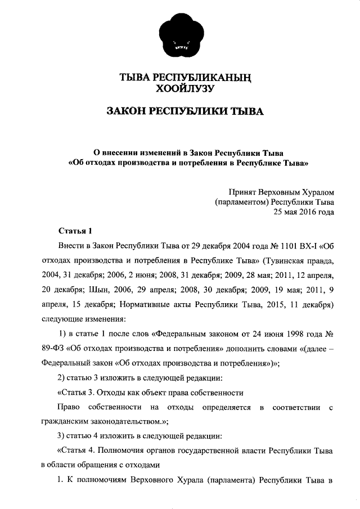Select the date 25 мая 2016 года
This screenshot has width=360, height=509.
tap(303, 212)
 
